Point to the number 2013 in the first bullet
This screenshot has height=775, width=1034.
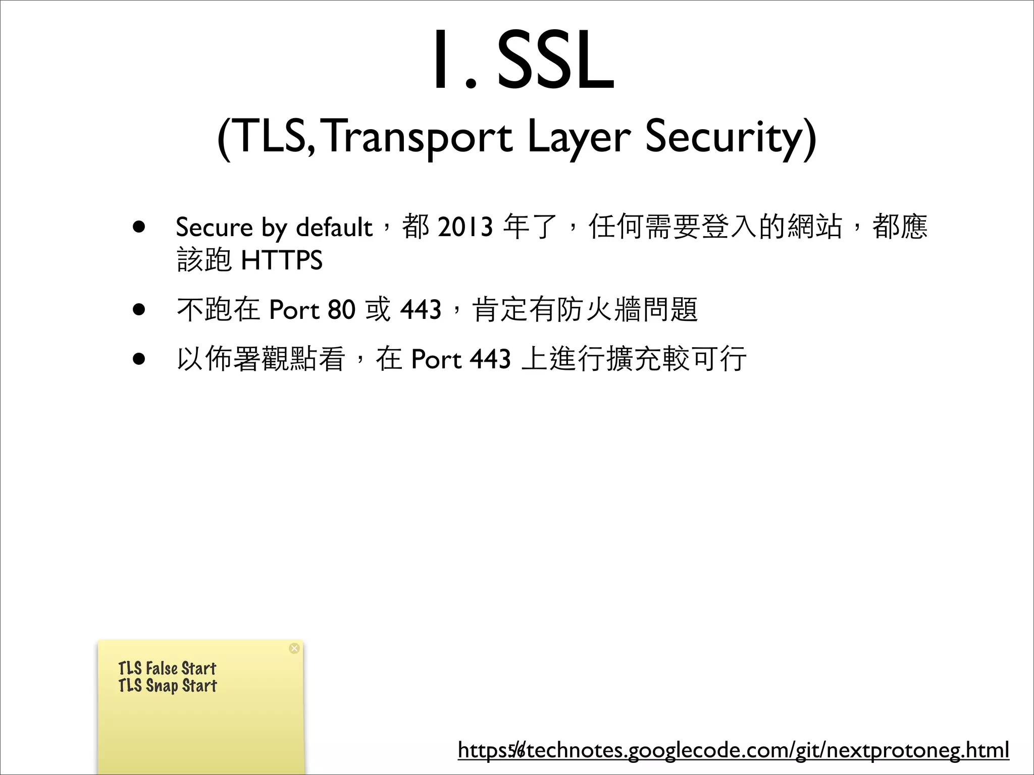click(465, 227)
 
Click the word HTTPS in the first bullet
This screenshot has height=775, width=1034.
click(282, 260)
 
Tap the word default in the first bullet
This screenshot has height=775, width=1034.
click(334, 227)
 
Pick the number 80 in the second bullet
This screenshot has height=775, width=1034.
click(341, 309)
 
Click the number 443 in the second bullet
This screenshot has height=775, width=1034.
click(421, 309)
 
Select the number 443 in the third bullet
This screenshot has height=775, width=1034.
click(490, 359)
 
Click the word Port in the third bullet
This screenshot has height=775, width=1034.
click(436, 359)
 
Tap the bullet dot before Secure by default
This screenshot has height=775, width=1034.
click(139, 227)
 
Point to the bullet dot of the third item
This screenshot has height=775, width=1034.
click(139, 359)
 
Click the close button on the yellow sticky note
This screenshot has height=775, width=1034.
click(294, 648)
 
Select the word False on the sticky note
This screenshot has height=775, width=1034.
click(162, 669)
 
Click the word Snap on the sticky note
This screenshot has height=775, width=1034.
click(162, 686)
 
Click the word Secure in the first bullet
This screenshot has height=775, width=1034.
click(214, 227)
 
